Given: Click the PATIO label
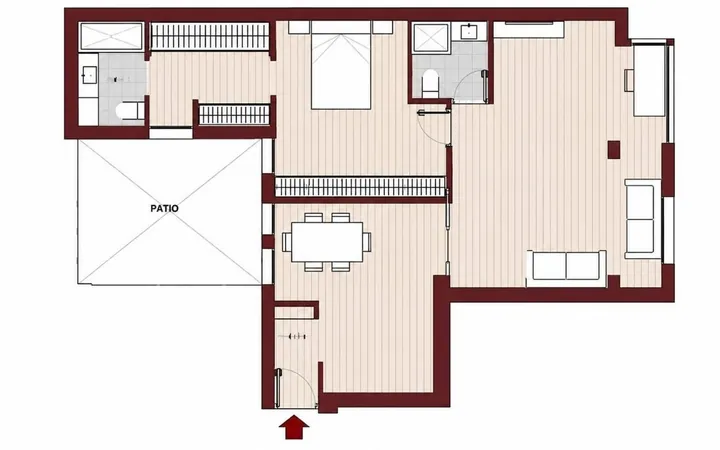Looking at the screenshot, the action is [x=164, y=208].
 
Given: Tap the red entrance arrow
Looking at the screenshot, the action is [x=294, y=428].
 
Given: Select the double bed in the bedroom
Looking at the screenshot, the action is [x=341, y=65].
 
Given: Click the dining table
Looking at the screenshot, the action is [x=327, y=242].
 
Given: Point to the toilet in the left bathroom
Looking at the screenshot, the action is [x=130, y=111].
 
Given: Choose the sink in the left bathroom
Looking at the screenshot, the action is [x=89, y=75].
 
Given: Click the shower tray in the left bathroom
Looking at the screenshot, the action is [x=112, y=36].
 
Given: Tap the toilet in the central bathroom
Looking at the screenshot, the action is [x=430, y=83].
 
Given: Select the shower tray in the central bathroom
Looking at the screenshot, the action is [x=431, y=38].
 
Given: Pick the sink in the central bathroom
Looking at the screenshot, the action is [x=468, y=31].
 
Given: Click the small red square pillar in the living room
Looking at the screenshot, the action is [x=614, y=150].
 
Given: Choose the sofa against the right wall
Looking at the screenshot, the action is [x=641, y=219].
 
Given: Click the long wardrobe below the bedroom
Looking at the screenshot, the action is [x=360, y=187].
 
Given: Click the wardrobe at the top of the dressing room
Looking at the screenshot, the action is [x=210, y=36].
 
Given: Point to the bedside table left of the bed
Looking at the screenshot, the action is [x=299, y=27].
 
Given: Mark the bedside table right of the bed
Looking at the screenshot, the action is [x=382, y=27].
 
